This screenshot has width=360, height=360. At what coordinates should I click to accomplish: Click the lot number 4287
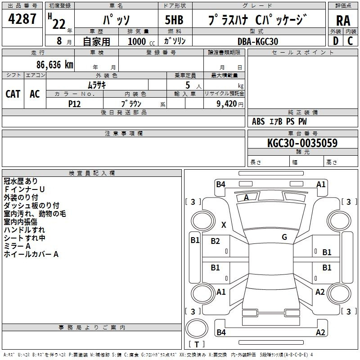(x=22, y=19)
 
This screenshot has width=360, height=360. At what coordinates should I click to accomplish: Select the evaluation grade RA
(x=342, y=20)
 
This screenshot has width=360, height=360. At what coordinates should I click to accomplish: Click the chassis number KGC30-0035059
(x=302, y=143)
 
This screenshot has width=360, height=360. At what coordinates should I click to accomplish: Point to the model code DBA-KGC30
(x=258, y=41)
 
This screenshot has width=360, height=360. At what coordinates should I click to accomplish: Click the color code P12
(x=75, y=103)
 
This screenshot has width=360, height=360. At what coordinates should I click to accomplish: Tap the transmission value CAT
(x=13, y=94)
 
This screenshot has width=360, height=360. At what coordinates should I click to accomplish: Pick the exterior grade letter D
(x=335, y=41)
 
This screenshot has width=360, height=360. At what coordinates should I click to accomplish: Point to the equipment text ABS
(x=258, y=121)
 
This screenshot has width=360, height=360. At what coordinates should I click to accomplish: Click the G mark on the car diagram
(x=284, y=237)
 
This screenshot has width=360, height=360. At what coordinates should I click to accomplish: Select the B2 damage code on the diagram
(x=216, y=242)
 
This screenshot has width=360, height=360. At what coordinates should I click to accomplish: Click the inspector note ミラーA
(x=17, y=246)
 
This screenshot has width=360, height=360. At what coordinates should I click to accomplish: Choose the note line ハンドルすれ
(x=24, y=230)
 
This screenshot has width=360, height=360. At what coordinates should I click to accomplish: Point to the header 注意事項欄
(x=124, y=134)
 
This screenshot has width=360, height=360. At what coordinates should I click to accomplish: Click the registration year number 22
(x=58, y=24)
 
